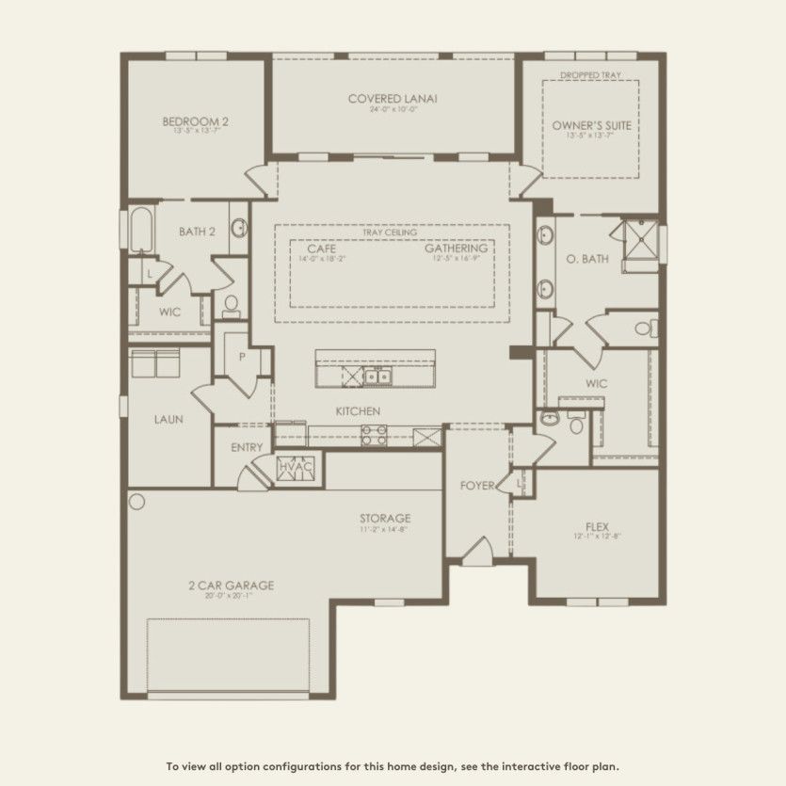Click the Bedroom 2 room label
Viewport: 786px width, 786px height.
(195, 121)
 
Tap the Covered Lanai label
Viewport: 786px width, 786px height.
(393, 99)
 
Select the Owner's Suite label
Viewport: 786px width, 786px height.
(591, 125)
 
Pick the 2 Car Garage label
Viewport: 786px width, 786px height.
(230, 585)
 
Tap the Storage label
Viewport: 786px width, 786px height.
(384, 519)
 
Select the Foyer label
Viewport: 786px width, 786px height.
(477, 486)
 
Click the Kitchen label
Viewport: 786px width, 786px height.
(358, 411)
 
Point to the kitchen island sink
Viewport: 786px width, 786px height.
(378, 377)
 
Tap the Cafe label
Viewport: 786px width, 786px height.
(321, 249)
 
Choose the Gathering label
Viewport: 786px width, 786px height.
(456, 249)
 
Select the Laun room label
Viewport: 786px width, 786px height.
(168, 420)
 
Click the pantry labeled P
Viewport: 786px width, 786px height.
(242, 358)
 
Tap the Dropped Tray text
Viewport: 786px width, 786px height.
(590, 74)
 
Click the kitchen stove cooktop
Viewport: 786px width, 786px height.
(373, 434)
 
